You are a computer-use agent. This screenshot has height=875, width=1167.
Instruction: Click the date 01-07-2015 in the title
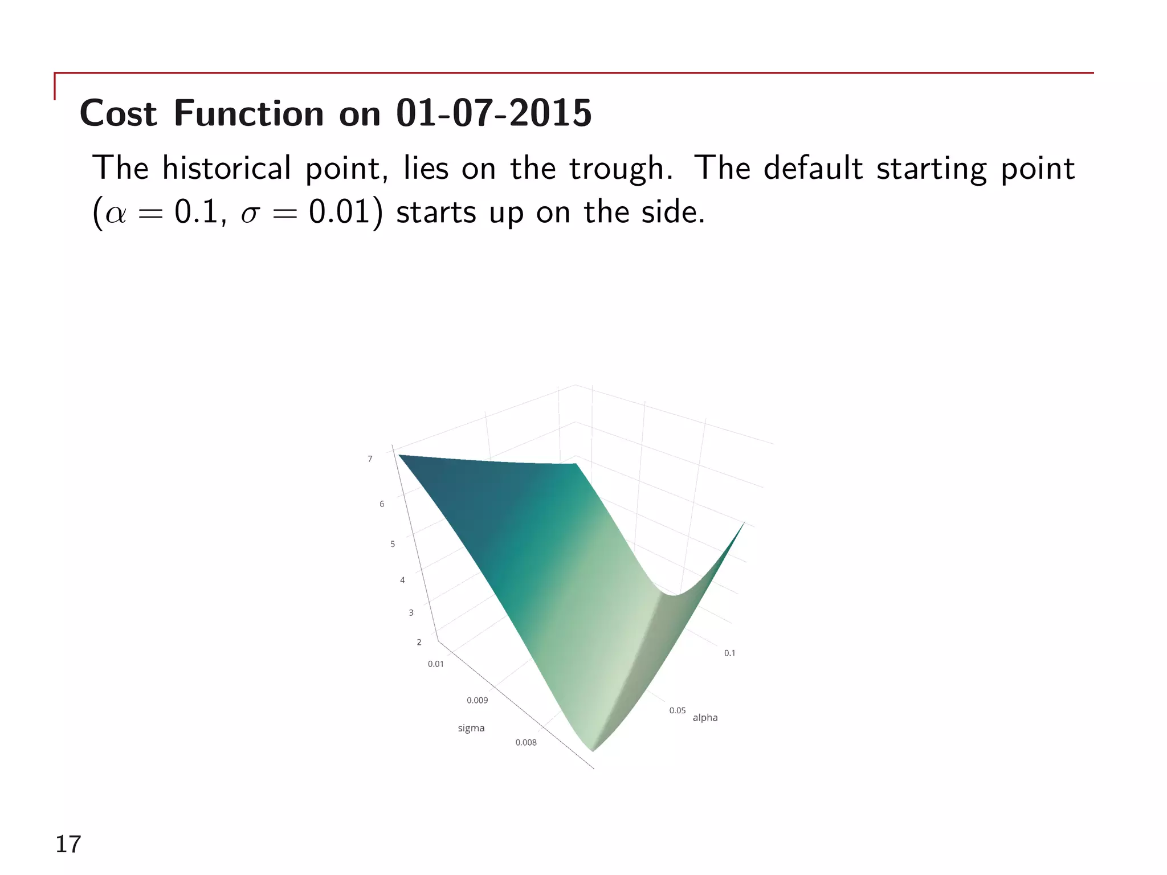[x=493, y=113]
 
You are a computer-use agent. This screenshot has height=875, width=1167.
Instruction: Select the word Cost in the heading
[x=118, y=113]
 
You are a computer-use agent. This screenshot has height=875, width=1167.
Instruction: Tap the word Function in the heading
[x=249, y=113]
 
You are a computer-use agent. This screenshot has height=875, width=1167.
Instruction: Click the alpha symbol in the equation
[x=116, y=213]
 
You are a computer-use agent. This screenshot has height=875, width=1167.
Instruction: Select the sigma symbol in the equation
[x=250, y=214]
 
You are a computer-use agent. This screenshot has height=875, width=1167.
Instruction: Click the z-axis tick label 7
[x=370, y=459]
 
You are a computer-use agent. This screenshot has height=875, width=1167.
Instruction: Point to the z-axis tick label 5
[x=393, y=544]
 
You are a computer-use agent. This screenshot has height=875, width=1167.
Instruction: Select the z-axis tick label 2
[x=419, y=642]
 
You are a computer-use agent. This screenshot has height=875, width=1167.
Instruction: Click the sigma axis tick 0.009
[x=477, y=700]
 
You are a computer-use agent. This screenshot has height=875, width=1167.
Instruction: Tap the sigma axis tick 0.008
[x=525, y=742]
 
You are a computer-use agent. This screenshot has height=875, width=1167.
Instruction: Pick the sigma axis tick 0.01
[x=435, y=664]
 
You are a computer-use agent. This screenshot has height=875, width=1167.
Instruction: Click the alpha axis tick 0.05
[x=677, y=710]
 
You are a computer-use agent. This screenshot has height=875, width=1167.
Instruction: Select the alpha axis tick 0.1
[x=729, y=653]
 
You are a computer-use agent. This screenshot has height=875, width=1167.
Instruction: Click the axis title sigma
[x=471, y=728]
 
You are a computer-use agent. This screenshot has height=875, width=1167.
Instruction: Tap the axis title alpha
[x=705, y=718]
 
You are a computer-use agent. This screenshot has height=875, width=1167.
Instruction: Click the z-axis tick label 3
[x=411, y=612]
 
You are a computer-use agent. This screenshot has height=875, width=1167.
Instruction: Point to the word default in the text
[x=813, y=168]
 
